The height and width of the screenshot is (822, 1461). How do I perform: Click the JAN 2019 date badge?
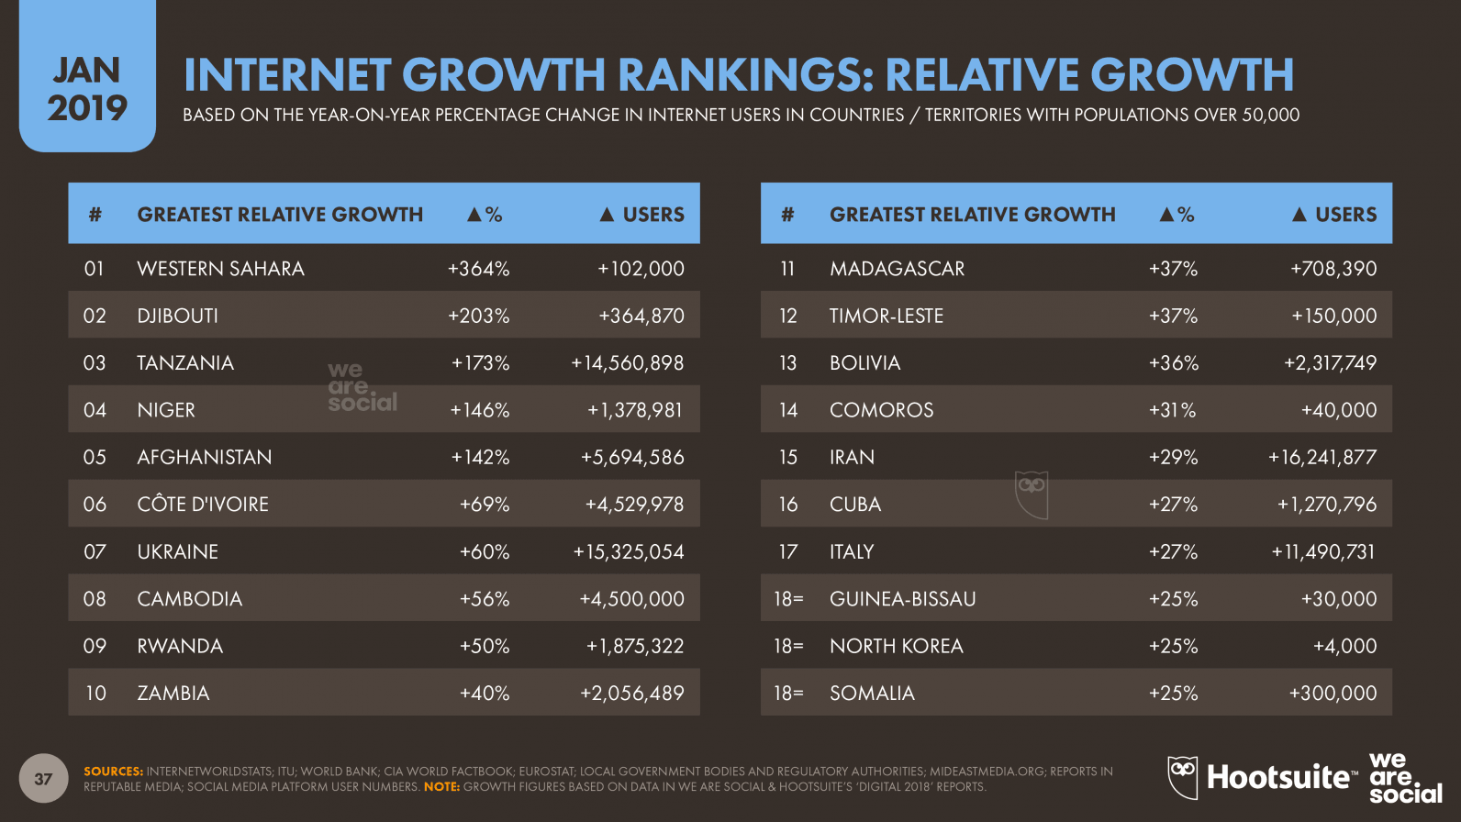coord(87,89)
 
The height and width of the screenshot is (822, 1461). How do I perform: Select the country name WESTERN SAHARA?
coord(220,269)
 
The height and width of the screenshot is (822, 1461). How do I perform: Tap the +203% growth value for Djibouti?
coord(478,316)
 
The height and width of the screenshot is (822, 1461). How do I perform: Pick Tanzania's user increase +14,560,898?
coord(628,363)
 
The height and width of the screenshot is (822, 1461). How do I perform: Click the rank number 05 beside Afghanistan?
coord(95,457)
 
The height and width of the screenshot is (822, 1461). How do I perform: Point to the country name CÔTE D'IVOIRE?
coord(203,505)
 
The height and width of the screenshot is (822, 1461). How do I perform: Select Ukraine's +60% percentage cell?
coord(485,551)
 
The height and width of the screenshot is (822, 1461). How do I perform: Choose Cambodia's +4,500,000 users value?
coord(631,599)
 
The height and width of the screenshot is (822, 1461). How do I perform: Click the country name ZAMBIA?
coord(173,694)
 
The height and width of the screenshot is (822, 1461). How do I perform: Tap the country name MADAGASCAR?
coord(897,269)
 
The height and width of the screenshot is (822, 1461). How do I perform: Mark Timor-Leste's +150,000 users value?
coord(1333,316)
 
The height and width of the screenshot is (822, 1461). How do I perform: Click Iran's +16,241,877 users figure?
coord(1322,457)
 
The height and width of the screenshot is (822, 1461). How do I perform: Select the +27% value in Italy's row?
coord(1173,551)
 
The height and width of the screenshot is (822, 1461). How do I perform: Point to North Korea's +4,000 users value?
coord(1344,646)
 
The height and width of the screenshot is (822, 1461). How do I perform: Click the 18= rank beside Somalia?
coord(788,694)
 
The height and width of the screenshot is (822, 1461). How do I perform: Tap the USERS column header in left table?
coord(642,215)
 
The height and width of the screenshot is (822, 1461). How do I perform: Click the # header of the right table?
coord(787,215)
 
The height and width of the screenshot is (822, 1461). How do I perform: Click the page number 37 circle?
coord(43,779)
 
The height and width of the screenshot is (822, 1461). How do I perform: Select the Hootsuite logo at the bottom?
coord(1262,777)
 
